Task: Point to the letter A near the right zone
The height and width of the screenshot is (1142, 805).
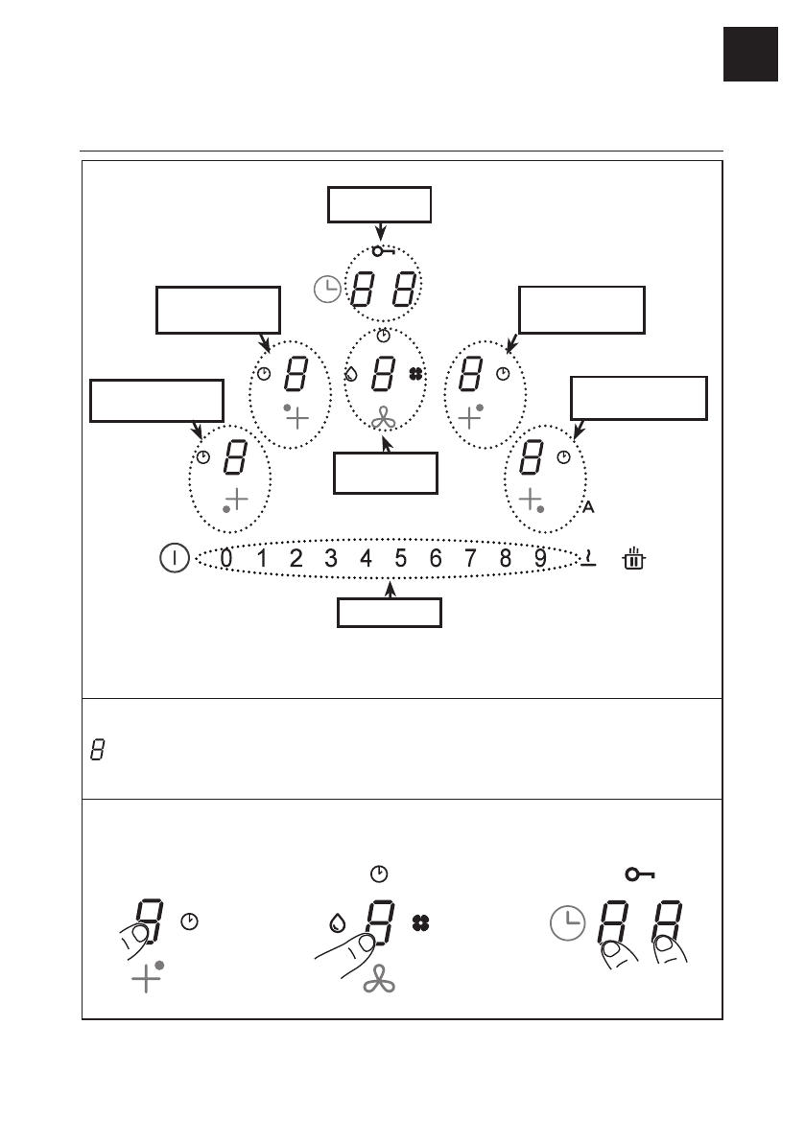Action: click(588, 507)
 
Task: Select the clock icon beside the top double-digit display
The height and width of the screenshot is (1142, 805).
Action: click(328, 288)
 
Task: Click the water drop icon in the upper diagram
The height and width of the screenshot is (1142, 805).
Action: click(351, 374)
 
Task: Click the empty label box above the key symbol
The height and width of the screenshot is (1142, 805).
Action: click(380, 204)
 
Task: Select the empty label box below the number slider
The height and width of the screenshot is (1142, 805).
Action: click(389, 612)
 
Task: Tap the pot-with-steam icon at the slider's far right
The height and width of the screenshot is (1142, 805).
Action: click(634, 557)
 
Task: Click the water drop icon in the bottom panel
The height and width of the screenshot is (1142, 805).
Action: click(336, 924)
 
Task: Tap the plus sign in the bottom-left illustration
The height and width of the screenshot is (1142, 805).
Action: click(145, 979)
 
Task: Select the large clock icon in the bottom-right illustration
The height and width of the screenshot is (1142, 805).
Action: click(568, 924)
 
